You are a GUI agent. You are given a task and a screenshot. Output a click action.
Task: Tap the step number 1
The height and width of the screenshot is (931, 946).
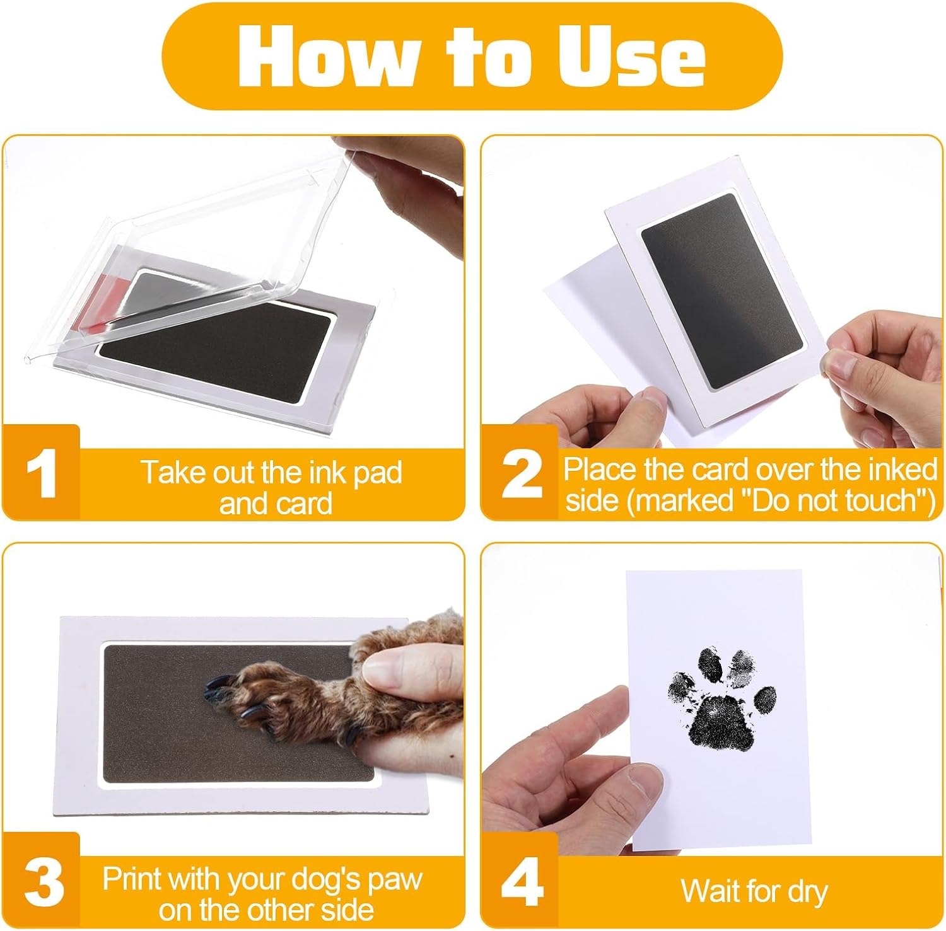pos(42,474)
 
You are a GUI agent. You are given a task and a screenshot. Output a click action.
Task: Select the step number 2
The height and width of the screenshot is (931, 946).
pos(521,474)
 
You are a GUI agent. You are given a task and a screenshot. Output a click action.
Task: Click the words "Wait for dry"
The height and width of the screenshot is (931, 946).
pos(754,891)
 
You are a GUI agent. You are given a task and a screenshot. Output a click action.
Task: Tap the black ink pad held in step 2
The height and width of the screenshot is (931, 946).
pos(722,290)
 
